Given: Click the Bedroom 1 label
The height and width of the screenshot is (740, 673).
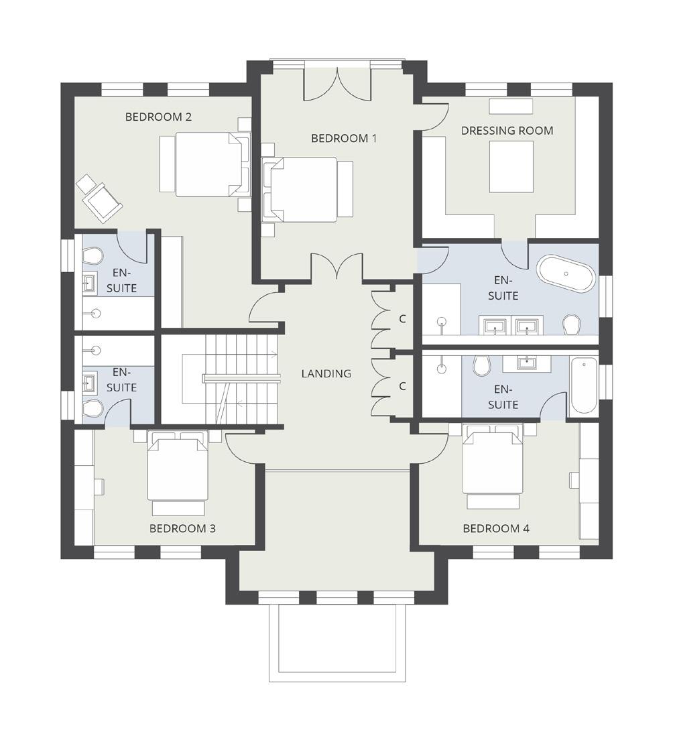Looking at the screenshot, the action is [x=344, y=138].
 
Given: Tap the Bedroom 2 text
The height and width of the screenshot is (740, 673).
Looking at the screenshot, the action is [x=159, y=117].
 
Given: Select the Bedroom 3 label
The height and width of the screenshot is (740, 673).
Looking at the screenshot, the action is [x=182, y=528].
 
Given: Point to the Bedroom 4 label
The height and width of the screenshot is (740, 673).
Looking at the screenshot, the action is [x=496, y=528].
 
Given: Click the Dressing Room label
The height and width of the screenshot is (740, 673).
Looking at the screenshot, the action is [x=507, y=130].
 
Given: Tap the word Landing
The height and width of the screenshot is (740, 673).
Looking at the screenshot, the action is [x=326, y=373].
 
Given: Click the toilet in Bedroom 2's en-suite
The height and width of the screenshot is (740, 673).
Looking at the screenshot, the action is [x=93, y=256].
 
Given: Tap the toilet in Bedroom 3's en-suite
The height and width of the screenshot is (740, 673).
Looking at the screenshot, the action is [x=93, y=409].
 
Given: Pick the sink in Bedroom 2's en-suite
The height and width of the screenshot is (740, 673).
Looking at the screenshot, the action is [x=90, y=283].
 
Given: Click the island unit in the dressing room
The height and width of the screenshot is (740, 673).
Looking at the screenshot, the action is [x=511, y=167].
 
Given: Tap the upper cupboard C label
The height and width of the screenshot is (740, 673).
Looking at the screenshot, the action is [x=403, y=319].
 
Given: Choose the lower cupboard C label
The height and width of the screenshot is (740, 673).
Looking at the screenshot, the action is [x=403, y=386].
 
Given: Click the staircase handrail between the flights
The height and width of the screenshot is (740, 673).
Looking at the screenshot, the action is [x=241, y=377].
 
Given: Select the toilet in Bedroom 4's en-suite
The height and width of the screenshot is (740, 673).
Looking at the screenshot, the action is [x=482, y=366].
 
